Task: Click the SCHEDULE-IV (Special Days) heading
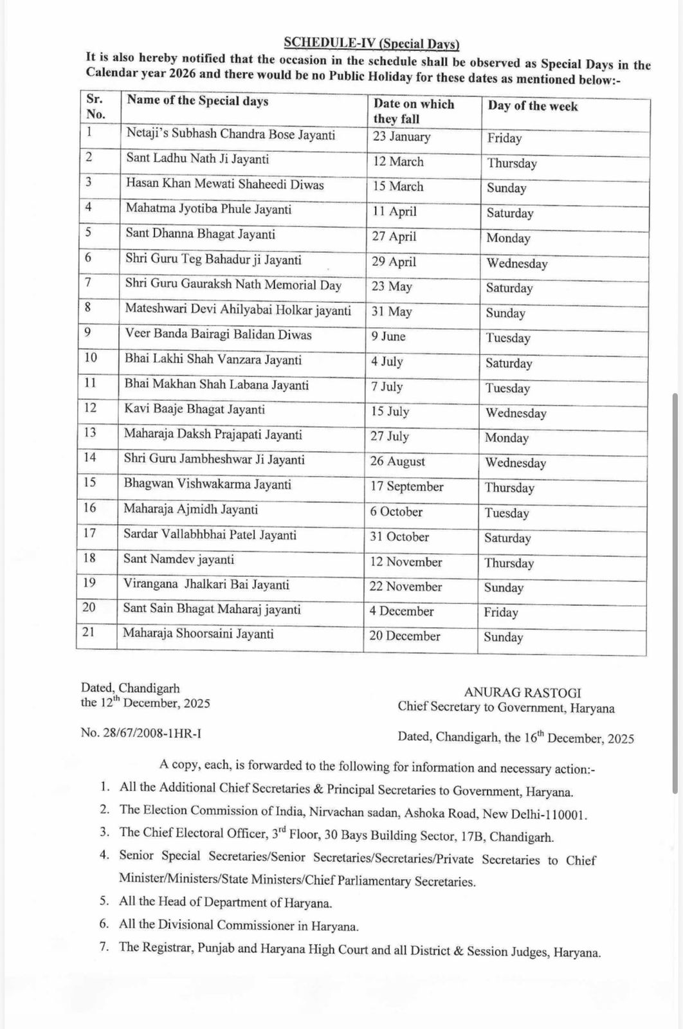[x=372, y=44]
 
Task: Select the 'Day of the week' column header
[x=533, y=106]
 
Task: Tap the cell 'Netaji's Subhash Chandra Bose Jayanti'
[x=230, y=135]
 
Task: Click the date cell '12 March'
[x=398, y=161]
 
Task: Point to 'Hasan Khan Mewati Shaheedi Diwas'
[x=224, y=185]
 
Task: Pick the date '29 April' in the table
[x=394, y=262]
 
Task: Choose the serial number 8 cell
[x=88, y=307]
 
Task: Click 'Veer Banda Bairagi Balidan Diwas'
[x=218, y=335]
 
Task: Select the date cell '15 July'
[x=390, y=412]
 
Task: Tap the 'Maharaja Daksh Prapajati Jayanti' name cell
[x=213, y=435]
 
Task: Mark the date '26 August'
[x=397, y=461]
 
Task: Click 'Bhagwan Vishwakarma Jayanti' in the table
[x=207, y=484]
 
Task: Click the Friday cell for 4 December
[x=501, y=612]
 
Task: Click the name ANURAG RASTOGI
[x=522, y=693]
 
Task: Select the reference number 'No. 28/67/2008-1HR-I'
[x=141, y=733]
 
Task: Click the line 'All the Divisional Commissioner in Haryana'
[x=239, y=926]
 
